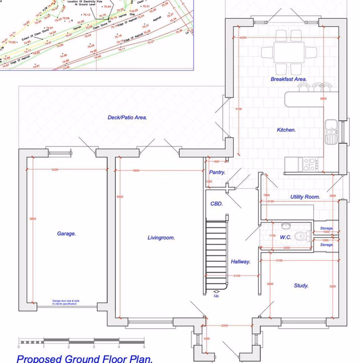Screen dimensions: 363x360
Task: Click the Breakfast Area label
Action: [289, 79]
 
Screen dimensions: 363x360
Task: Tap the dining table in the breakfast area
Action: [289, 53]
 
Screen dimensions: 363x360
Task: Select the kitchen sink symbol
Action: [331, 131]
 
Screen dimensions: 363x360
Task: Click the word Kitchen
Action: [286, 130]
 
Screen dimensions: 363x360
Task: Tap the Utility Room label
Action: [305, 196]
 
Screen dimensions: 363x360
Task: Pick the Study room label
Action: [301, 285]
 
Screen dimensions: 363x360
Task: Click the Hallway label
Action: [240, 262]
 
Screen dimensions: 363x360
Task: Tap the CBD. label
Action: [216, 204]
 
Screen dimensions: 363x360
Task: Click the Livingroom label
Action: [161, 238]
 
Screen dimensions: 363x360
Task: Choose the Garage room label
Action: [66, 233]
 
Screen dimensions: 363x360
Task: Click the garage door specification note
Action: [65, 302]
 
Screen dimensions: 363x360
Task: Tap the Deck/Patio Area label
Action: [127, 117]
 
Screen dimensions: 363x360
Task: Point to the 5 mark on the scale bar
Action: [144, 347]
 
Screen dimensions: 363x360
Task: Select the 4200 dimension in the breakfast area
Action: [243, 38]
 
